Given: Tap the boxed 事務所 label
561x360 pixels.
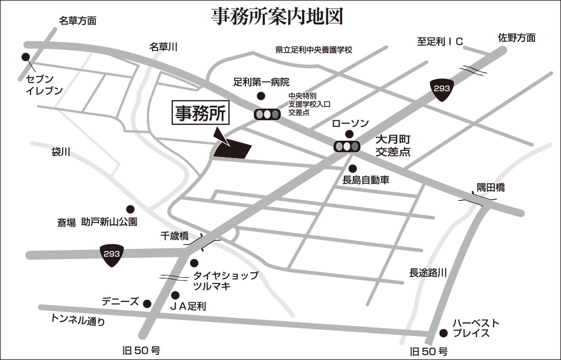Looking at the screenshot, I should (200, 114).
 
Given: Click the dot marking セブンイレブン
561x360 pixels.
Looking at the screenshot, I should (25, 58).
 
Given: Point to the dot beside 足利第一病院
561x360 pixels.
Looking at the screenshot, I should (261, 96).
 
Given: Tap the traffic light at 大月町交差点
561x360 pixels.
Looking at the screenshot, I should (347, 147).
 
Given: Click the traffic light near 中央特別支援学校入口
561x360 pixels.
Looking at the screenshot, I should (267, 114).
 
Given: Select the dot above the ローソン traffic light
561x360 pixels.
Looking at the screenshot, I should (349, 134).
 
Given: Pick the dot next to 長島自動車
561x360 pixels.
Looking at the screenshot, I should (352, 168).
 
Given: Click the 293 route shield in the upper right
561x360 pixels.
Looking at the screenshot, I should (442, 89).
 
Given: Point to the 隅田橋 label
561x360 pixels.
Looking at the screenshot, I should (491, 188).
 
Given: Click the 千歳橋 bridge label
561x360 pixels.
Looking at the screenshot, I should (174, 236).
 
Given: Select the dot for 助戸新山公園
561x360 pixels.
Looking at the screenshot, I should (130, 209).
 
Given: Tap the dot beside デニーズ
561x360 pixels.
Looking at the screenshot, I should (147, 304).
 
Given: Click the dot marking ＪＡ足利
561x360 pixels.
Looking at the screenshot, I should (175, 295).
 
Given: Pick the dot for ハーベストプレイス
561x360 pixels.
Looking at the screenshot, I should (444, 333).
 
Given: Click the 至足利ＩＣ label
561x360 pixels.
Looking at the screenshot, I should (440, 42).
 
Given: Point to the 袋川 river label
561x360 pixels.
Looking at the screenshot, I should (60, 152).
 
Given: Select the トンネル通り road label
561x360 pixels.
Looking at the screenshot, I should (78, 320).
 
